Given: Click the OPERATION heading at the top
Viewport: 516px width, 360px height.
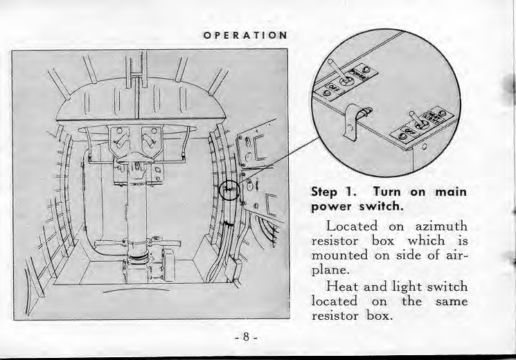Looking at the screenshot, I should [243, 35].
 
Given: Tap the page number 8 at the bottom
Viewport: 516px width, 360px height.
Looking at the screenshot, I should [246, 339].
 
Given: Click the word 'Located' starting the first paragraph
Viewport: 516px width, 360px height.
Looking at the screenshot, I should [353, 226].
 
